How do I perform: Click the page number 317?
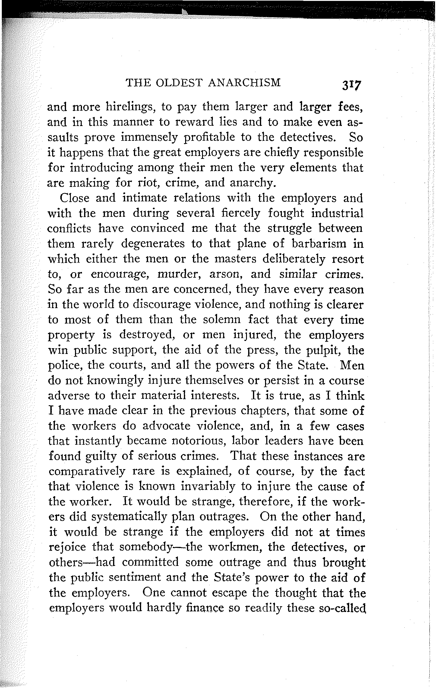pos(351,85)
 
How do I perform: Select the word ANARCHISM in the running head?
pos(245,83)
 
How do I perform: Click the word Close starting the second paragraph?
pos(75,198)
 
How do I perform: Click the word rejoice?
pos(67,547)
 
